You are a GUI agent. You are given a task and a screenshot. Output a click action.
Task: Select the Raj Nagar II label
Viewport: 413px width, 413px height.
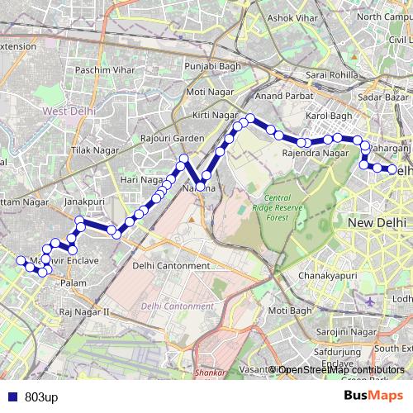84,311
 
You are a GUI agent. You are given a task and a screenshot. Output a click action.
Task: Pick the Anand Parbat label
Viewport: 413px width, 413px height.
281,97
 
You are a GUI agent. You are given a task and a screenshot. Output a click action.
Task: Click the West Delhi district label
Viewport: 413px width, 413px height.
69,110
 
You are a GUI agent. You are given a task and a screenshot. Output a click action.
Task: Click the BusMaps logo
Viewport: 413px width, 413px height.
373,396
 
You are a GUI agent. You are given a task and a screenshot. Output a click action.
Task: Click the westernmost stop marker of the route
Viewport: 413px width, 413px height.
21,260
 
